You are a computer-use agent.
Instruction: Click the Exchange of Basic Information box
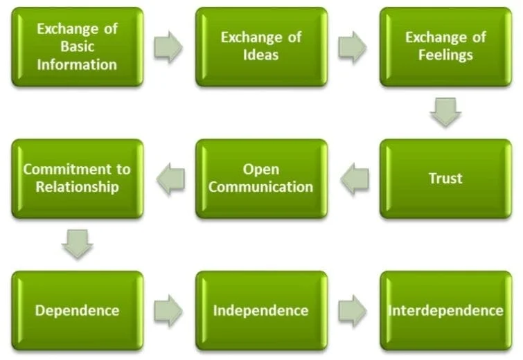click(77, 47)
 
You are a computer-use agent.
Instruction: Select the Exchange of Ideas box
click(261, 47)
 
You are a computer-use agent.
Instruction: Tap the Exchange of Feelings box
click(445, 47)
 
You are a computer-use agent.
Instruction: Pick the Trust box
click(445, 179)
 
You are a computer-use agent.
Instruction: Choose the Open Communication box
click(261, 179)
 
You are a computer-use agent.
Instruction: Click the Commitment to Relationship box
click(77, 179)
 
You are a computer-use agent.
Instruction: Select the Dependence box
click(77, 310)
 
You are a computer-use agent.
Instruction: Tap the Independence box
click(261, 310)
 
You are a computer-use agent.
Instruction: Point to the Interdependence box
click(445, 310)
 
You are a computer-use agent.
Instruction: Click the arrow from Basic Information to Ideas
click(168, 47)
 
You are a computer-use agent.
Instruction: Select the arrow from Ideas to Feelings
click(353, 47)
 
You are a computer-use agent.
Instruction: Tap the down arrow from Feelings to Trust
click(445, 112)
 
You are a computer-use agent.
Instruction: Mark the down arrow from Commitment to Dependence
click(77, 244)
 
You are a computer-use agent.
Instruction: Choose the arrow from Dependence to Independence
click(168, 310)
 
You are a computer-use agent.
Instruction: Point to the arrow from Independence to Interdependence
click(353, 310)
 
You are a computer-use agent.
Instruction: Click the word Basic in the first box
click(77, 47)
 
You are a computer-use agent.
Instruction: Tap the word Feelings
click(445, 54)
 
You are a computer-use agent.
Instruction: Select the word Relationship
click(77, 186)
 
